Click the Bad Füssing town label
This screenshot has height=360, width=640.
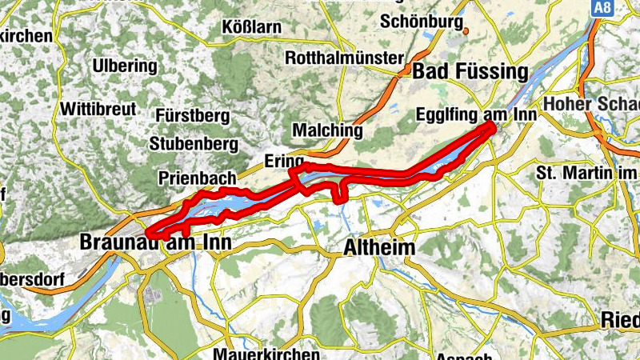[470, 71]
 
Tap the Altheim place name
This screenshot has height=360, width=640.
[379, 248]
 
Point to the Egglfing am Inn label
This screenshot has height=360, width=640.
[475, 116]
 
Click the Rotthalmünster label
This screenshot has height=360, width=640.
[343, 58]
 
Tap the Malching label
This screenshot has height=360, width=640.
[328, 130]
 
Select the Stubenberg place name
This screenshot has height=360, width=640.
[194, 144]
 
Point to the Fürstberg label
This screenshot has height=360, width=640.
[194, 116]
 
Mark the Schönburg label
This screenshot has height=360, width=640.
[422, 21]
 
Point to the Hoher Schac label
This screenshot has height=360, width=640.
[592, 104]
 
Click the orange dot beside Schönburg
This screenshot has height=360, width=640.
[465, 33]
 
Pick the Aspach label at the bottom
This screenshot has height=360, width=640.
[460, 354]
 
